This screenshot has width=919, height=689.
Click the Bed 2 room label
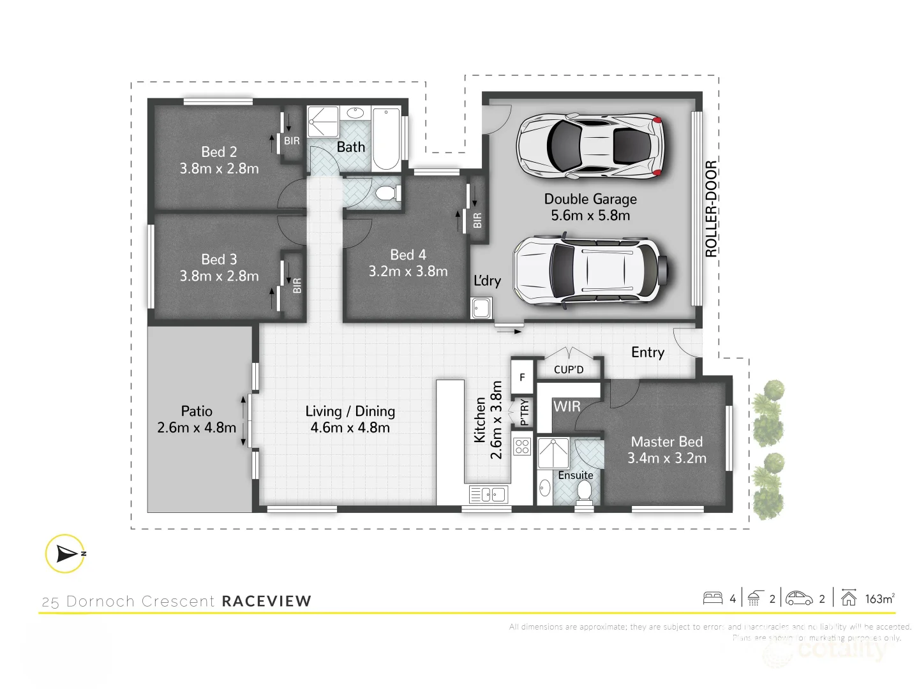219,152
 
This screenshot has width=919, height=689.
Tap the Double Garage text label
590,199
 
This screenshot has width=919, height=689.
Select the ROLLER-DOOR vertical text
711,209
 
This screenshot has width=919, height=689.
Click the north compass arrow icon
65,553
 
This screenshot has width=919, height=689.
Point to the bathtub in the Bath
386,138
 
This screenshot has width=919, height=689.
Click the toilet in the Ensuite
584,491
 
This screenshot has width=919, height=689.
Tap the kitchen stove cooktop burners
522,446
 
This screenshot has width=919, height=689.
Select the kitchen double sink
488,494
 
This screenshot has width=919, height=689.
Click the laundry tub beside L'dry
481,308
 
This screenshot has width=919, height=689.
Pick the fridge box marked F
522,377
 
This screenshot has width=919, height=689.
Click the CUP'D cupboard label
569,369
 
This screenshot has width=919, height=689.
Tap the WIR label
567,406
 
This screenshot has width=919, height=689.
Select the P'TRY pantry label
525,412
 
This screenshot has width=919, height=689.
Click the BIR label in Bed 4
477,221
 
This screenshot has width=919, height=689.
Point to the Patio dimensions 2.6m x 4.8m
197,427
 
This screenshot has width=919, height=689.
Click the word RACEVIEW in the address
266,601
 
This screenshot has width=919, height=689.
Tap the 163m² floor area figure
879,598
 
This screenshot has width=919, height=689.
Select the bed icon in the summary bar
713,598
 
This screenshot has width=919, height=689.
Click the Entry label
648,352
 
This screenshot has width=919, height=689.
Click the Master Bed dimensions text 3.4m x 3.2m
667,458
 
